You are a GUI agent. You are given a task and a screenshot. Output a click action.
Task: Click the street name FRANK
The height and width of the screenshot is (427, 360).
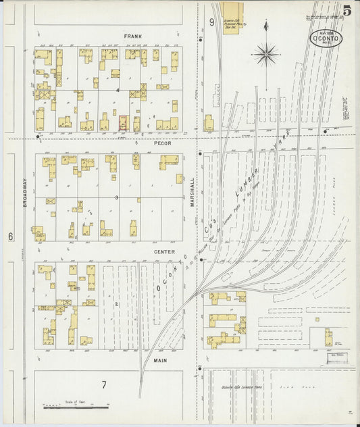pyautogui.click(x=131, y=35)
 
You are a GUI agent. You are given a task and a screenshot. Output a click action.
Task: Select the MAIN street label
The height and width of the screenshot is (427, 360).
pyautogui.click(x=160, y=361)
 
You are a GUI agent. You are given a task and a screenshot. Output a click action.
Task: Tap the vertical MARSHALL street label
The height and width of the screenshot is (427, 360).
pyautogui.click(x=192, y=193)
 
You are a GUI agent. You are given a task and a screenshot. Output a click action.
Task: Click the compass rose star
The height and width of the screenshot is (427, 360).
pyautogui.click(x=266, y=53)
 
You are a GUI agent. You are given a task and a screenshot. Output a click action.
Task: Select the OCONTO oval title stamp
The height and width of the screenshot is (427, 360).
pyautogui.click(x=326, y=39)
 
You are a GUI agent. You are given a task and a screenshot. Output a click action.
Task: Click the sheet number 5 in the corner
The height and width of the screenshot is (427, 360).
pyautogui.click(x=346, y=10)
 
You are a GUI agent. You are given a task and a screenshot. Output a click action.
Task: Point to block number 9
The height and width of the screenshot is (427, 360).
pyautogui.click(x=211, y=22)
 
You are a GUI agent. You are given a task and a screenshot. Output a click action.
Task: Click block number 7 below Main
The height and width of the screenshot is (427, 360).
pyautogui.click(x=104, y=384)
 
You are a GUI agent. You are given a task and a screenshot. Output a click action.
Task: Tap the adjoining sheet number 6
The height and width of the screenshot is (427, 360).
pyautogui.click(x=11, y=236)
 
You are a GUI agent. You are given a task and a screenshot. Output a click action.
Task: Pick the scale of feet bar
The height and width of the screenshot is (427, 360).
pyautogui.click(x=76, y=406)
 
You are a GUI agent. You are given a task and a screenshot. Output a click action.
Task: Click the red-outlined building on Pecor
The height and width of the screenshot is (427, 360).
pyautogui.click(x=123, y=123)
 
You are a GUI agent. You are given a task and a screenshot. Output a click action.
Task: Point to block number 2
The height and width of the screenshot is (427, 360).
pyautogui.click(x=116, y=305)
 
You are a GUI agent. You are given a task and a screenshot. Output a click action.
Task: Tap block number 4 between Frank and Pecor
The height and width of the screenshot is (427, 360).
pyautogui.click(x=118, y=89)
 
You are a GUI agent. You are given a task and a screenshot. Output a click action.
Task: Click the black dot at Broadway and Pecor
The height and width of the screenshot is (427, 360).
pyautogui.click(x=38, y=136)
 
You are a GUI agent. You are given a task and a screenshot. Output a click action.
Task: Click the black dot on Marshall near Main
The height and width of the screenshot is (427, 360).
pyautogui.click(x=201, y=368)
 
